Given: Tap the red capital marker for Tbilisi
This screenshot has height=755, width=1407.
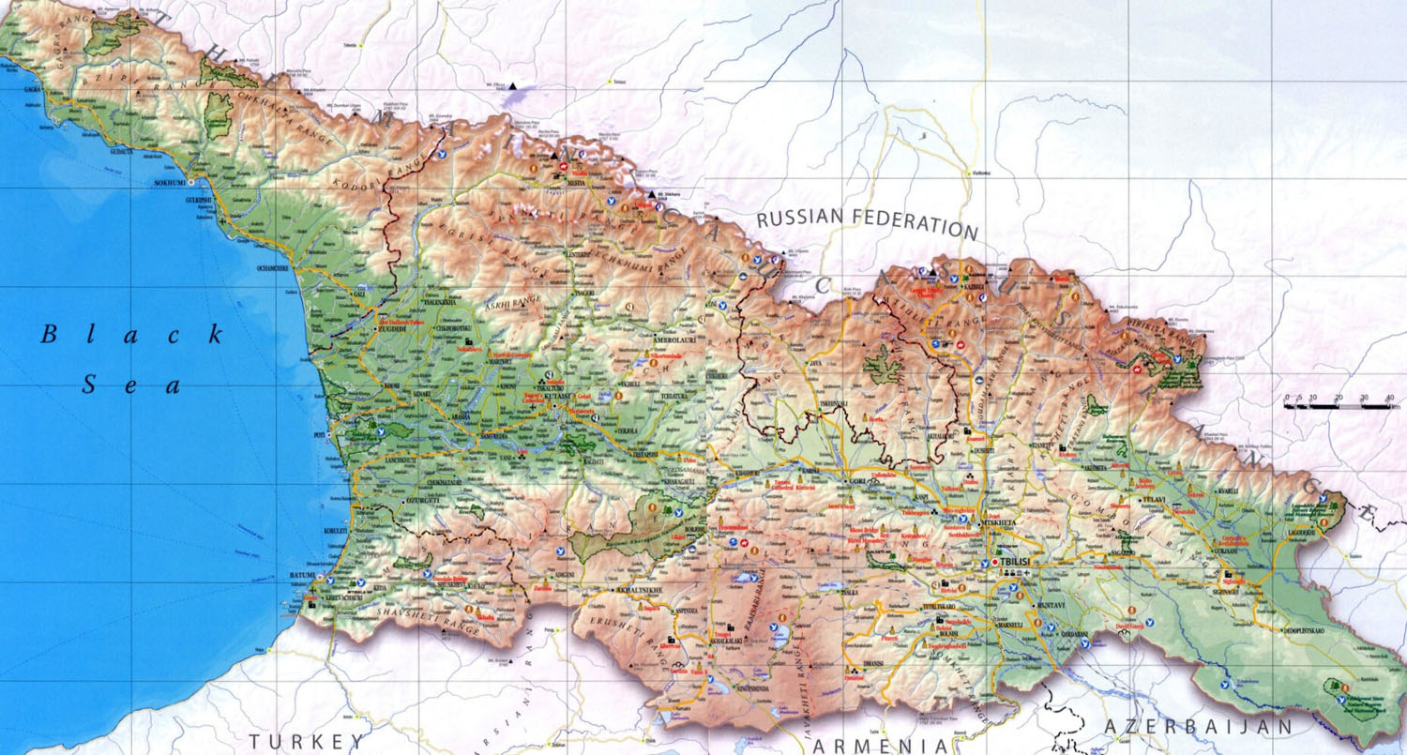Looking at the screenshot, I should [995, 562].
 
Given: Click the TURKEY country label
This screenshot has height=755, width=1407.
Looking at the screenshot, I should [306, 741].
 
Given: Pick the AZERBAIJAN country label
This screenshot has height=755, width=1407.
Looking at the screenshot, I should [1198, 727].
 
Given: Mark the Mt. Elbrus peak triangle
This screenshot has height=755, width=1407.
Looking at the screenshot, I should [512, 86].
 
